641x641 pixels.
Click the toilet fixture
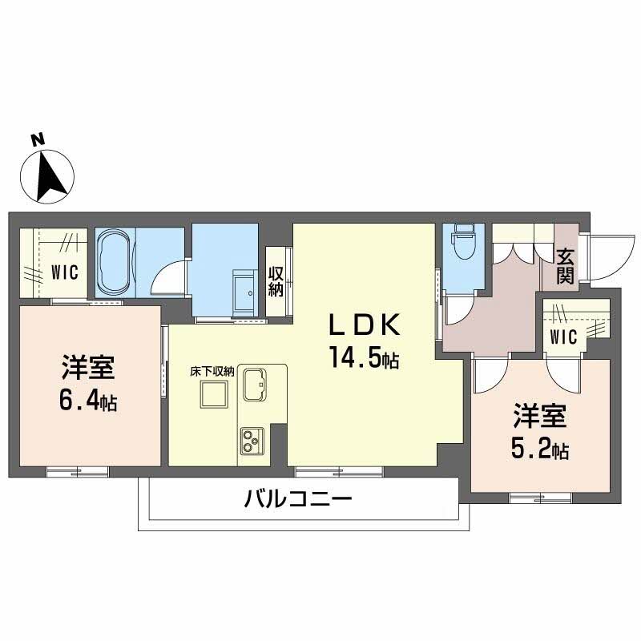click(x=462, y=245)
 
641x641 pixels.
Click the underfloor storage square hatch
click(x=213, y=394)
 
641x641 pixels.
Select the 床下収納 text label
click(x=212, y=371)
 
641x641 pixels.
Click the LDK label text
click(x=361, y=325)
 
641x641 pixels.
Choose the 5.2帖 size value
click(x=539, y=450)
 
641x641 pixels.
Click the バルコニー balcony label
click(x=298, y=502)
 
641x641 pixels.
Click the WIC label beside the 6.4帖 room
click(x=65, y=272)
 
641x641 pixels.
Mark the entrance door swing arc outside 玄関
click(x=603, y=256)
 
